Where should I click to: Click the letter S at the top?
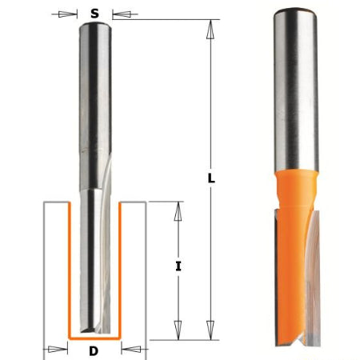tap(95, 14)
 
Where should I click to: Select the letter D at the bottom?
tap(94, 350)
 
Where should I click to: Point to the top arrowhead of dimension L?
tap(211, 27)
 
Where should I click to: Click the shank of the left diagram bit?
tap(95, 96)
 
